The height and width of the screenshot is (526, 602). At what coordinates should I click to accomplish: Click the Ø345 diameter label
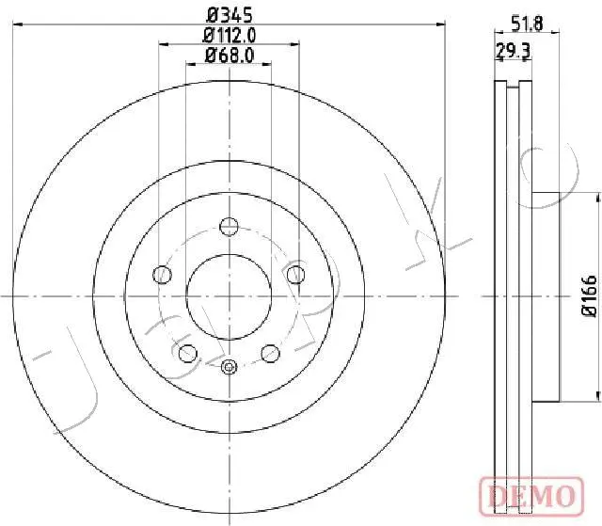click(230, 16)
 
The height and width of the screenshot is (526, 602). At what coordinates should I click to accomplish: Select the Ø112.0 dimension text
click(230, 36)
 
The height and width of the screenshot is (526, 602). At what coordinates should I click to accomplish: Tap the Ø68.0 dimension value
click(230, 56)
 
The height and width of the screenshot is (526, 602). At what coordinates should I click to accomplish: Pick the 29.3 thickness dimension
click(514, 50)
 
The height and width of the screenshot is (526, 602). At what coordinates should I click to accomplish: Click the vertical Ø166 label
click(590, 296)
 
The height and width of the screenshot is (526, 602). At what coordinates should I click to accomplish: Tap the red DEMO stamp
click(531, 496)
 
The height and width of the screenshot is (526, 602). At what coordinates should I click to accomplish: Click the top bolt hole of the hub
click(229, 226)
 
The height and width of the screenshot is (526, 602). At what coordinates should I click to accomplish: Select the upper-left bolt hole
click(162, 275)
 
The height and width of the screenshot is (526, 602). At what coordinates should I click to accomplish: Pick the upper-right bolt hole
click(296, 275)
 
